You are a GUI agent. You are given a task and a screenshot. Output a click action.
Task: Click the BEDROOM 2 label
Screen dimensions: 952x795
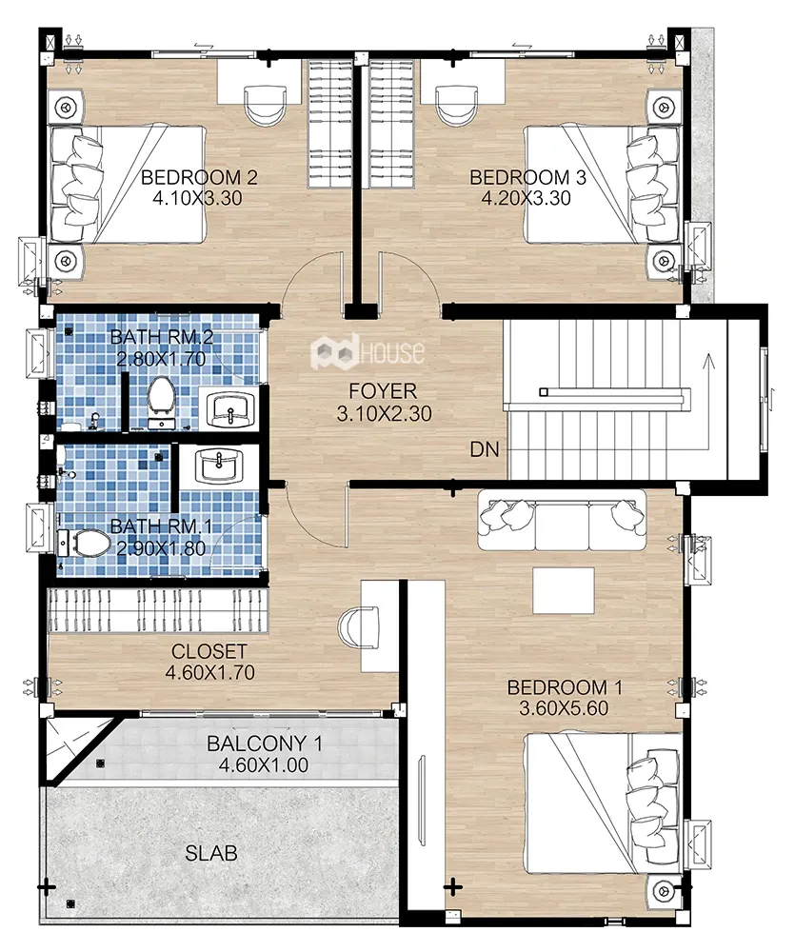click(x=199, y=177)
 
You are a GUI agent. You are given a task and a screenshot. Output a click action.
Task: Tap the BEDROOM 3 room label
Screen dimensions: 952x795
click(x=527, y=177)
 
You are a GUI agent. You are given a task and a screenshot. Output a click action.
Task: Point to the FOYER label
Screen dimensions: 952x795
click(x=382, y=390)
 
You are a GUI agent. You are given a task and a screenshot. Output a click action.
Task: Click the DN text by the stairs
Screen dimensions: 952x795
click(x=484, y=449)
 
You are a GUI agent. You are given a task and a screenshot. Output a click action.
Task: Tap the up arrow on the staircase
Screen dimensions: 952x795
click(x=706, y=362)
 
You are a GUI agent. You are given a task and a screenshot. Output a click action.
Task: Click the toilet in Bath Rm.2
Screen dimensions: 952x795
click(x=160, y=398)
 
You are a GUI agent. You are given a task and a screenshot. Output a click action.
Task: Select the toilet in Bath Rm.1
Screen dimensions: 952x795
click(x=86, y=544)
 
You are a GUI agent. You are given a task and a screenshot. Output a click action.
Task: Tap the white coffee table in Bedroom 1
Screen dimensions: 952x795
click(x=563, y=590)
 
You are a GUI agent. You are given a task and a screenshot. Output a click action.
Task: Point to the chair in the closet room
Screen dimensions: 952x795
click(x=353, y=627)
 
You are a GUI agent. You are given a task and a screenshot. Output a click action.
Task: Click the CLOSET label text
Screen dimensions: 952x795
click(x=209, y=652)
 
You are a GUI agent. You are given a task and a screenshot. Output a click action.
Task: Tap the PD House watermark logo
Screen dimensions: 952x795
click(x=368, y=353)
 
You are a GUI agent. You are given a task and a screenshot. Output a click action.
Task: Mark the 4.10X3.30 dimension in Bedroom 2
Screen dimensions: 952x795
click(x=199, y=199)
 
